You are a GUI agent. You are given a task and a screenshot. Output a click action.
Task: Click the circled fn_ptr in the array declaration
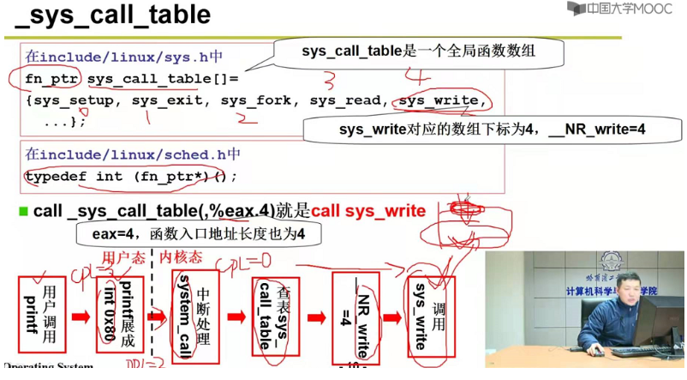pos(52,80)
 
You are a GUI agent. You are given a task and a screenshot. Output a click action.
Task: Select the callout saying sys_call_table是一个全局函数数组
pos(419,51)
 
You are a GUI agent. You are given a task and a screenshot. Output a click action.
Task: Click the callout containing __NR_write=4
pos(492,130)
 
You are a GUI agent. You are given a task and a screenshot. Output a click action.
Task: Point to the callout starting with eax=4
pos(199,233)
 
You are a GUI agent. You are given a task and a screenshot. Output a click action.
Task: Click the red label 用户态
pos(120,256)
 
